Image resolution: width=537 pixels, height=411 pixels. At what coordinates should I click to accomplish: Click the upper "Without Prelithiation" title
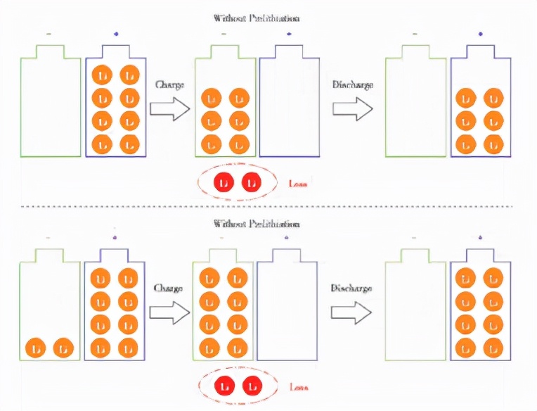[257, 18]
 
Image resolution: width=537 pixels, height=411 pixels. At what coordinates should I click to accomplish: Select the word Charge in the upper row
[169, 84]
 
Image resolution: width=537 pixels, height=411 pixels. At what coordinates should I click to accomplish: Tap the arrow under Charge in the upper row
[171, 108]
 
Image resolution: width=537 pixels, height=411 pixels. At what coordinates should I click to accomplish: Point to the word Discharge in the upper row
[352, 84]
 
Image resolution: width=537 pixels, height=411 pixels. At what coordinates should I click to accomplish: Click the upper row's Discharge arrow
[352, 108]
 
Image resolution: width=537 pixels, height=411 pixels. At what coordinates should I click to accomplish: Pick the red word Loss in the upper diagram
[299, 184]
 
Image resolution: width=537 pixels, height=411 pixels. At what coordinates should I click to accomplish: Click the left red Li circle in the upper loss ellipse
[224, 182]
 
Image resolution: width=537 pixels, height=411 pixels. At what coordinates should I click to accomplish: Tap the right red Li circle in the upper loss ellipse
[251, 182]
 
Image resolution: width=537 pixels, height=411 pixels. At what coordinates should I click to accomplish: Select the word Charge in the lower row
[169, 288]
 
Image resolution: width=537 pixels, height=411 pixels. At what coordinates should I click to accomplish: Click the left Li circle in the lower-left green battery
[37, 348]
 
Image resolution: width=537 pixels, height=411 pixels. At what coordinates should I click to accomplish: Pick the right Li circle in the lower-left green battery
[63, 348]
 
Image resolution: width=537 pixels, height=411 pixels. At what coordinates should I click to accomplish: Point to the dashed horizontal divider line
[267, 206]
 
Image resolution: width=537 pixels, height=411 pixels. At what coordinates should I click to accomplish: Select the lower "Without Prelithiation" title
[257, 223]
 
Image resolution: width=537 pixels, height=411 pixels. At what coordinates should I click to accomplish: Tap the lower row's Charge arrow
[171, 312]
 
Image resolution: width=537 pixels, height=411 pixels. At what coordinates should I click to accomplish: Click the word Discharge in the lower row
[351, 288]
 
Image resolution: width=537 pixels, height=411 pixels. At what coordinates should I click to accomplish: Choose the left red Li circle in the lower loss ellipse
[224, 386]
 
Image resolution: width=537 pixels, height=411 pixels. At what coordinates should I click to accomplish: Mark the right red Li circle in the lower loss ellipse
[251, 386]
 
